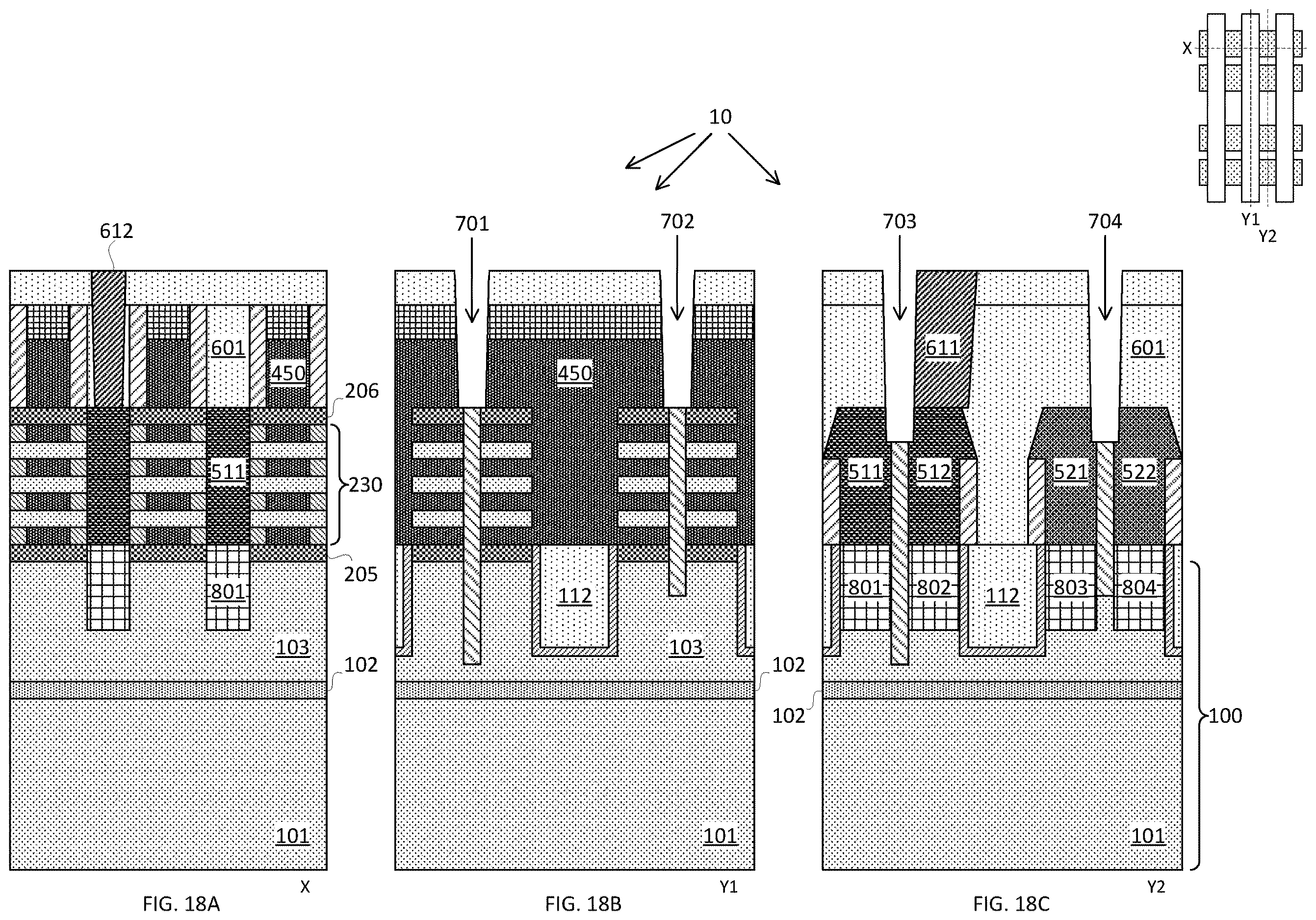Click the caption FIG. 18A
pyautogui.click(x=181, y=904)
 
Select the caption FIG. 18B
pyautogui.click(x=583, y=904)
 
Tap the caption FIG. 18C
pyautogui.click(x=1011, y=904)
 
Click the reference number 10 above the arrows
pyautogui.click(x=721, y=117)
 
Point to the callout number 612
pyautogui.click(x=116, y=231)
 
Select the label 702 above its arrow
pyautogui.click(x=677, y=221)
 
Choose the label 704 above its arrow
pyautogui.click(x=1105, y=221)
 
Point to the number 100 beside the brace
pyautogui.click(x=1225, y=716)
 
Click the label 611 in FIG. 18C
pyautogui.click(x=942, y=348)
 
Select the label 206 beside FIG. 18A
pyautogui.click(x=361, y=391)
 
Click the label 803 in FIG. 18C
pyautogui.click(x=1071, y=587)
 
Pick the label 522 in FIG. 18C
pyautogui.click(x=1139, y=472)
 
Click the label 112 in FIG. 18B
pyautogui.click(x=575, y=596)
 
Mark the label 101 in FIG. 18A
pyautogui.click(x=293, y=836)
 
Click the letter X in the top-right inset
pyautogui.click(x=1187, y=49)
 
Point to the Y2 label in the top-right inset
pyautogui.click(x=1268, y=236)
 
